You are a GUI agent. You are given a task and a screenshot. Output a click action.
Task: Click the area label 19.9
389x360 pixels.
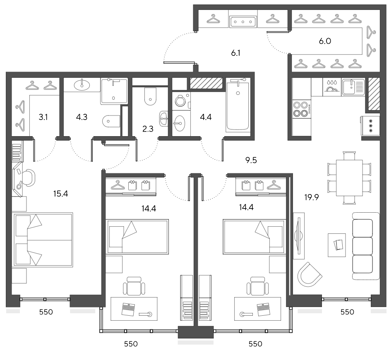point(312,197)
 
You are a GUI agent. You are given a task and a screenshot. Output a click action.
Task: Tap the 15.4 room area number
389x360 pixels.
point(60,194)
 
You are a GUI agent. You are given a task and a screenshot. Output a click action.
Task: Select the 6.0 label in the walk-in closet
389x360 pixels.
point(325,41)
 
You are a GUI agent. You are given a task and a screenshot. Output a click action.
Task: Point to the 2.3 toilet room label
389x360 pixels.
point(148,129)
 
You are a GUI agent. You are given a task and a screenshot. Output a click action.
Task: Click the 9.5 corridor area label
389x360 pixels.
point(251,160)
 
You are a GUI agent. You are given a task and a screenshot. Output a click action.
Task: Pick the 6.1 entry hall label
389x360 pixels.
point(235,53)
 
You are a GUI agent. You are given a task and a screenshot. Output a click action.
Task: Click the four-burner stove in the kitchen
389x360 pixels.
point(302,109)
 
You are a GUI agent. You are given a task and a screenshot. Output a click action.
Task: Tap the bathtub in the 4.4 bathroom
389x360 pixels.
point(238,106)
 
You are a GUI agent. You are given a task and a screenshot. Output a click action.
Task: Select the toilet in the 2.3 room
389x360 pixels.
point(150,96)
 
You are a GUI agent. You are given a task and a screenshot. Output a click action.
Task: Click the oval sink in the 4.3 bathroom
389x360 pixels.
point(82,85)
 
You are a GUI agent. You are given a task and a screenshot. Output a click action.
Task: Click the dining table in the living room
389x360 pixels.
point(349,178)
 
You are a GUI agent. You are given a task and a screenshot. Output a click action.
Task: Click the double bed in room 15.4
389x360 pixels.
point(43,240)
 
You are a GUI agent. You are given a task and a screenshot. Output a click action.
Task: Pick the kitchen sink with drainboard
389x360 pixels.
point(353,87)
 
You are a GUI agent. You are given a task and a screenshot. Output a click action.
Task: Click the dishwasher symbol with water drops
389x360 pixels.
point(332,87)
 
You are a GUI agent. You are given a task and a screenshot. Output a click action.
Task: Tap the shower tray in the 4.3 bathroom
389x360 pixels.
point(114,91)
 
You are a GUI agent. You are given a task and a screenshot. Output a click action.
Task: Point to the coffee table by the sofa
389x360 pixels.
point(337,245)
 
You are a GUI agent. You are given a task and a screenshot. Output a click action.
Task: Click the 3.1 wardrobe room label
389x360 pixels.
point(43,117)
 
